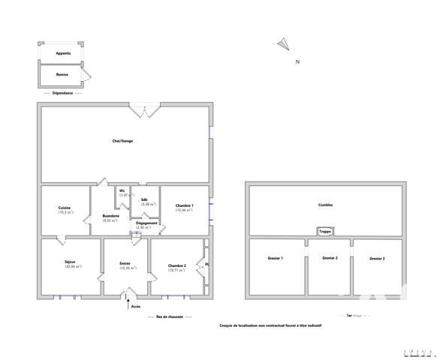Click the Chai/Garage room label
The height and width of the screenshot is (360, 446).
(122, 141)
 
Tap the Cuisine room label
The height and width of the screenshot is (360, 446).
(65, 208)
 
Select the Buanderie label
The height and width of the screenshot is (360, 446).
(111, 217)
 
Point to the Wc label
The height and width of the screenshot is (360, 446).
(122, 190)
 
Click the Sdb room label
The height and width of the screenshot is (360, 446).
(144, 199)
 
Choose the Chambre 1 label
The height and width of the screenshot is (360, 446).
(185, 206)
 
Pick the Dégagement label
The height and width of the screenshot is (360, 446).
(147, 223)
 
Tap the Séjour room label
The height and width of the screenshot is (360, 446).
(70, 262)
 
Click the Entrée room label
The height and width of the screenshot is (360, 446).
(125, 263)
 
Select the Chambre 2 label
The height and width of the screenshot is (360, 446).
(177, 265)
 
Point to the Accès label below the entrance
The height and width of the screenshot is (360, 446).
(135, 306)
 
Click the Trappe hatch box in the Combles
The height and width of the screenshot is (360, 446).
(325, 232)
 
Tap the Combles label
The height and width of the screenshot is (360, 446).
(326, 204)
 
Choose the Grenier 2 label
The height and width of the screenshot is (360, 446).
(330, 258)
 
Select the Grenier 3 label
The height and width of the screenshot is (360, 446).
(377, 259)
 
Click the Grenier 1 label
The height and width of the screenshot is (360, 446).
(275, 258)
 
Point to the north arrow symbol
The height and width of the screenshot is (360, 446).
(283, 44)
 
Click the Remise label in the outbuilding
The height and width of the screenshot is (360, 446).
(63, 75)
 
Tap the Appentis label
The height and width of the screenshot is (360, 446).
(63, 54)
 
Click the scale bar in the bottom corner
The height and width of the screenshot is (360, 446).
(418, 352)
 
